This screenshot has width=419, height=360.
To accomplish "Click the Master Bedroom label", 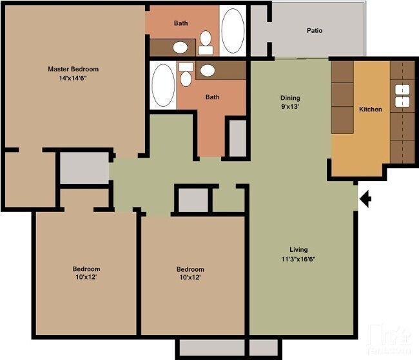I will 73,69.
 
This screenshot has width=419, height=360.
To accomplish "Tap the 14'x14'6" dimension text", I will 73,79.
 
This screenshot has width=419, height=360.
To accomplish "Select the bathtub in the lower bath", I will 163,84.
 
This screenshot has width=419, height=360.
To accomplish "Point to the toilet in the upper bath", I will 206,42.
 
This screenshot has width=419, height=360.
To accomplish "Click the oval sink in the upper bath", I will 181,47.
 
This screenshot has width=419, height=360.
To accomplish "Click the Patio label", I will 315,30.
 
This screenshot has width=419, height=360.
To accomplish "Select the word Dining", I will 289,98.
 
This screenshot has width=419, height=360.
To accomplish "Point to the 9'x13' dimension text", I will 289,108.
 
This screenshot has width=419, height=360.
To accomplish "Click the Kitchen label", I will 370,109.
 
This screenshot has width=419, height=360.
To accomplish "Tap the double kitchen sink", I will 403,95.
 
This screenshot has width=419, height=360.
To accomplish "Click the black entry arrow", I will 365,200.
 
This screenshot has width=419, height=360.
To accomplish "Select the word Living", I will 298,249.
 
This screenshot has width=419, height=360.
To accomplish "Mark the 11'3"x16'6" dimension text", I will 298,259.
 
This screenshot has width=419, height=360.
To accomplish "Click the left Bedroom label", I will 86,269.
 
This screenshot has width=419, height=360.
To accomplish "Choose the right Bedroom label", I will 190,269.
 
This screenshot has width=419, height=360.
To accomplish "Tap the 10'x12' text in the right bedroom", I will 190,278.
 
